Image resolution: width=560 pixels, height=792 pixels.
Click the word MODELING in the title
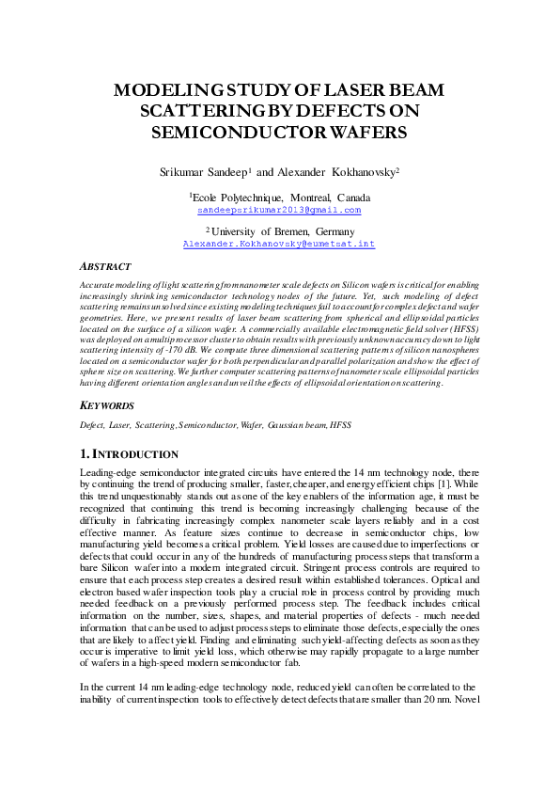pyautogui.click(x=165, y=90)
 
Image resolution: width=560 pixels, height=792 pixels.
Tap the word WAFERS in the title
pyautogui.click(x=364, y=132)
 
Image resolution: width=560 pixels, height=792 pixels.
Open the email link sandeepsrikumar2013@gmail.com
pyautogui.click(x=280, y=210)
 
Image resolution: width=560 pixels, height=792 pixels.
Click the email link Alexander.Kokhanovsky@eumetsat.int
pyautogui.click(x=280, y=243)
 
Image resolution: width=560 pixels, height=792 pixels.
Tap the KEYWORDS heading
pyautogui.click(x=108, y=405)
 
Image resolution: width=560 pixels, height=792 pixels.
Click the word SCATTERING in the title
pyautogui.click(x=208, y=111)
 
